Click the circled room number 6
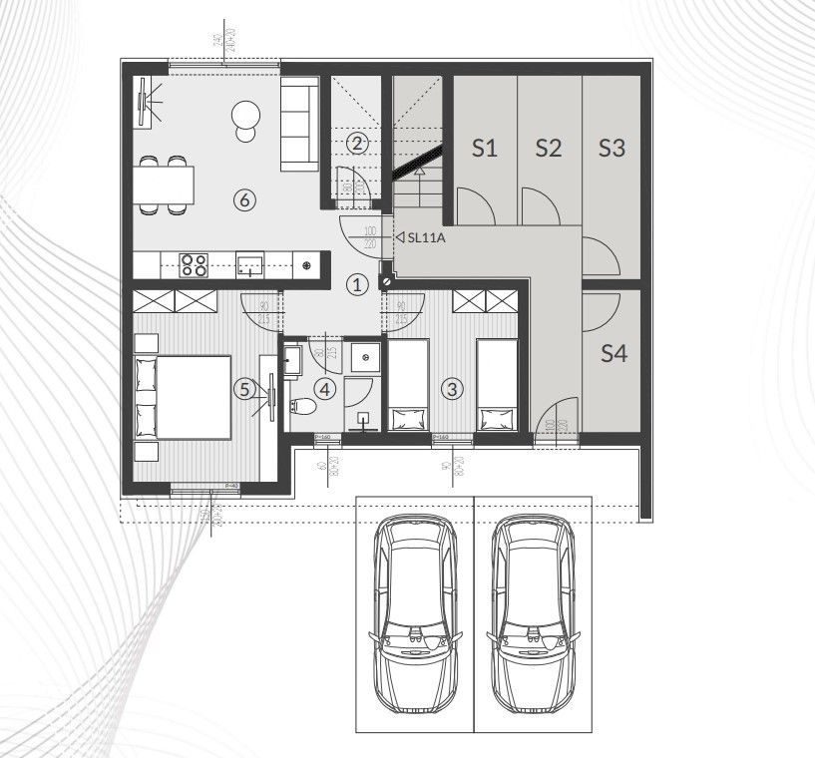coord(245,199)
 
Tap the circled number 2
coord(357,143)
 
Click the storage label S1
coord(484,149)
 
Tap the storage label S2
coord(548,149)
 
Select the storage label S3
coord(611,149)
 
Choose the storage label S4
coord(613,353)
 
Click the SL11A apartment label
coord(425,237)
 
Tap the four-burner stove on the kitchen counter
coord(193,264)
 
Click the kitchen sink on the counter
coord(249,264)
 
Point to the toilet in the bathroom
coord(304,407)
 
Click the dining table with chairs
coord(163,186)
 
